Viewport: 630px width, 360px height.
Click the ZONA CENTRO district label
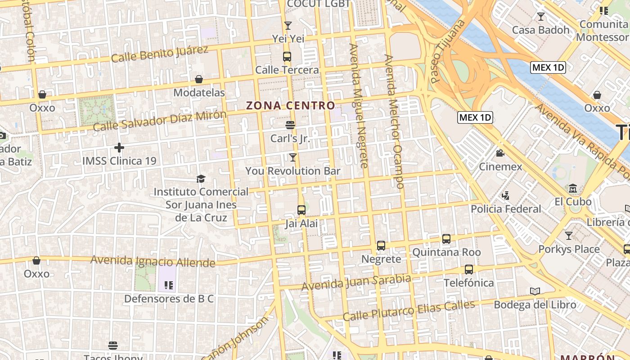click(x=291, y=106)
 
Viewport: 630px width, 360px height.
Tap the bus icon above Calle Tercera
click(x=287, y=57)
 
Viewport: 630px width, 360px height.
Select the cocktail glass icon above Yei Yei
click(x=288, y=26)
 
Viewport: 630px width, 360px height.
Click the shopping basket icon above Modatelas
click(x=199, y=80)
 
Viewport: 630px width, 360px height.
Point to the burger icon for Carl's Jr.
click(x=290, y=125)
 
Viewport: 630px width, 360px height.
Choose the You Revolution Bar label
click(x=293, y=171)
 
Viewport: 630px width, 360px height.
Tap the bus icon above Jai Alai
click(x=301, y=210)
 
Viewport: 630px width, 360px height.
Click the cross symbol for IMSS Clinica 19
click(x=119, y=147)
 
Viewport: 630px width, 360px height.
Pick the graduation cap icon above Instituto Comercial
click(x=201, y=179)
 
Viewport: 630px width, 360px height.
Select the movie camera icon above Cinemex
click(x=500, y=153)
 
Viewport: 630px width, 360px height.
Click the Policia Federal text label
click(x=506, y=209)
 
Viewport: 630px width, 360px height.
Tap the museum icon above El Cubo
click(x=573, y=188)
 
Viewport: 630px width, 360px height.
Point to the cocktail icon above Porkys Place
click(x=569, y=235)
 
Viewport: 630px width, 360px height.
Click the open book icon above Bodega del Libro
click(x=535, y=292)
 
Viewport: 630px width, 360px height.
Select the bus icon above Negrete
click(x=381, y=246)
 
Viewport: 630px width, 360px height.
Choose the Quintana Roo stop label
click(x=446, y=252)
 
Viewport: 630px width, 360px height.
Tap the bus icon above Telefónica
click(x=469, y=270)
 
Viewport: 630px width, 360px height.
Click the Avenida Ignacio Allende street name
click(x=153, y=261)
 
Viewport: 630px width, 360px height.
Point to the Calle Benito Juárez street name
click(x=160, y=54)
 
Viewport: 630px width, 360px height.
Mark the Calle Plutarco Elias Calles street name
click(x=409, y=310)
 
